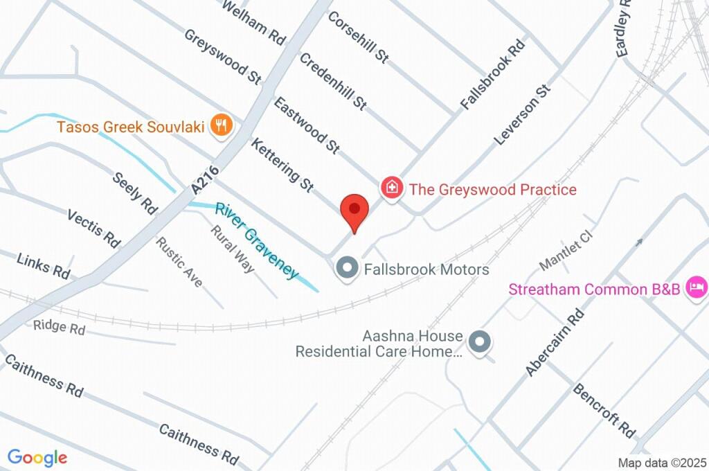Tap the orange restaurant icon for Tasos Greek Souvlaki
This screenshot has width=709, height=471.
tap(222, 125)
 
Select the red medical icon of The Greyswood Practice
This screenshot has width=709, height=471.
tap(392, 188)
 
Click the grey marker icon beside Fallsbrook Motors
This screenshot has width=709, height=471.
tap(345, 268)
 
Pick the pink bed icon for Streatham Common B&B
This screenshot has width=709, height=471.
tap(696, 287)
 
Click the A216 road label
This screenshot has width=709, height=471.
tap(206, 179)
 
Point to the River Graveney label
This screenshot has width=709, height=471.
tap(257, 240)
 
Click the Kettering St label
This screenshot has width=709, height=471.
tap(282, 165)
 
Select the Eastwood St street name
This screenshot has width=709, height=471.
tap(307, 125)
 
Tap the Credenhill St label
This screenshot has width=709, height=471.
tap(333, 81)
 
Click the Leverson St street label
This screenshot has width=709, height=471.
tap(522, 115)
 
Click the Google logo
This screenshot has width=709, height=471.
tap(37, 458)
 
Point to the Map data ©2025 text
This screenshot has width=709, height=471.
tap(661, 463)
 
